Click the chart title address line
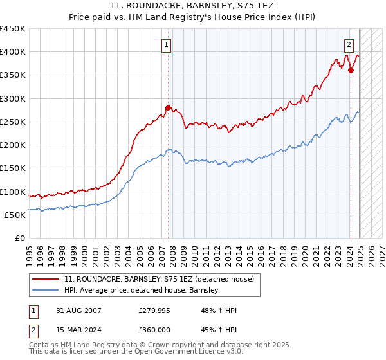193,6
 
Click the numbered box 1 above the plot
166,45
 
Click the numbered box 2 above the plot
348,45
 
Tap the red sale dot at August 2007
168,107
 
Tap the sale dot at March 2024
351,70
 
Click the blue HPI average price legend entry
142,291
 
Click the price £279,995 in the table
154,310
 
